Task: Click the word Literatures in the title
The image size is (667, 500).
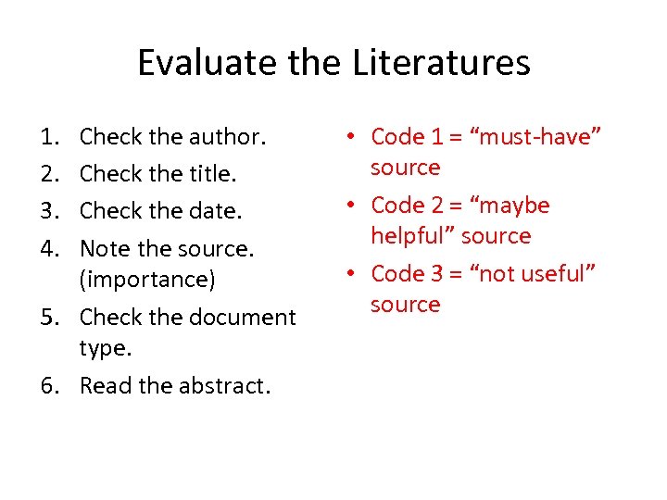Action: [441, 63]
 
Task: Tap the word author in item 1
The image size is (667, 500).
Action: [227, 137]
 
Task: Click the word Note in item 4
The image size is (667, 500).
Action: [103, 248]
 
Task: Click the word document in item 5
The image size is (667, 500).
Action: [242, 317]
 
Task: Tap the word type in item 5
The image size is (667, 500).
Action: [101, 348]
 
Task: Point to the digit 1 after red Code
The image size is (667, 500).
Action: [435, 137]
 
